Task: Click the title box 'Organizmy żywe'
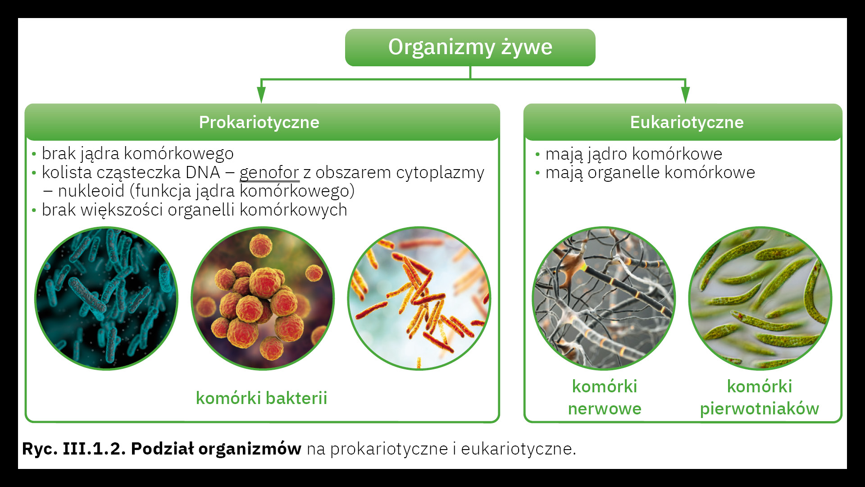(470, 47)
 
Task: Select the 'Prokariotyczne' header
(262, 122)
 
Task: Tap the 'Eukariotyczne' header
(683, 122)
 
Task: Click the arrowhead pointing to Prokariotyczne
(261, 94)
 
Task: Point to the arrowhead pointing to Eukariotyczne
(685, 94)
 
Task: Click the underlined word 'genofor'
(269, 172)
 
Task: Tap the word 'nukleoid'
(91, 191)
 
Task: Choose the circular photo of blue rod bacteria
(106, 299)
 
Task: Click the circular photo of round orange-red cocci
(263, 299)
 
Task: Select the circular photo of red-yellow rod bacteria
(419, 299)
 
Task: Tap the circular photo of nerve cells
(604, 299)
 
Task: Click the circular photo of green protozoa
(760, 299)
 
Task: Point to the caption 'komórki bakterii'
(261, 398)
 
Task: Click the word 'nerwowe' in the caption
(605, 409)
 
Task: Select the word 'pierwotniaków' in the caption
(759, 409)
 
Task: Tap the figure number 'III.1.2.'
(94, 449)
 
